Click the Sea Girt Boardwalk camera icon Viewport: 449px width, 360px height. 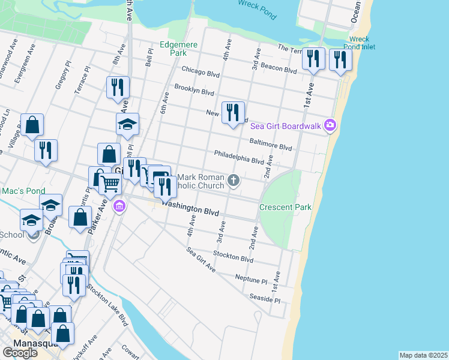coord(330,125)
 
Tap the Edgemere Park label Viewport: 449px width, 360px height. coord(174,49)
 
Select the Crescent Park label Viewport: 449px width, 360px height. coord(285,208)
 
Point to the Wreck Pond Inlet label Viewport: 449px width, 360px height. coord(360,43)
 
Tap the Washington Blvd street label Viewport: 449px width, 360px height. coord(190,208)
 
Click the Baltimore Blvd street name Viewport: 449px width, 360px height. coord(270,144)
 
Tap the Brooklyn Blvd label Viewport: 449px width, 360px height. coord(194,91)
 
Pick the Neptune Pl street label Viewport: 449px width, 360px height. coord(251,279)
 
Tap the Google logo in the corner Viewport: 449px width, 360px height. coord(20,352)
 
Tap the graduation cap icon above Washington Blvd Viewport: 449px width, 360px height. coord(127,124)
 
